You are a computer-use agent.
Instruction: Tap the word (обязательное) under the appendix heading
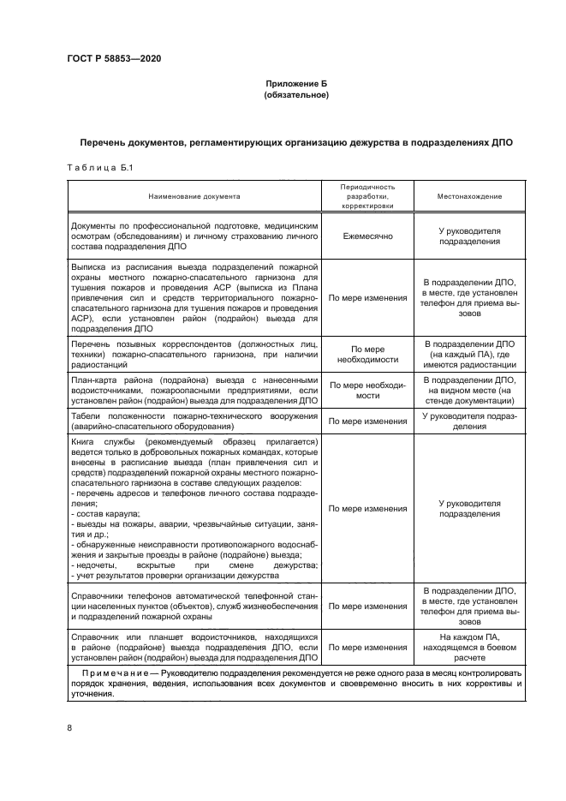pos(295,94)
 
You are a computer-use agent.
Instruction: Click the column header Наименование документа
pos(194,196)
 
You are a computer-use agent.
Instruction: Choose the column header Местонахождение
pos(469,196)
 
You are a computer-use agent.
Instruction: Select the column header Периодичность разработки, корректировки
pos(367,196)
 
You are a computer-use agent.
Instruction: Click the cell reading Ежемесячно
pos(367,236)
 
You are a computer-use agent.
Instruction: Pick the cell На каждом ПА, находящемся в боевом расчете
pos(469,648)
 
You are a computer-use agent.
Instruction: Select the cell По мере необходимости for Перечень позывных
pos(367,356)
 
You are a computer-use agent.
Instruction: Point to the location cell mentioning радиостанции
pos(469,356)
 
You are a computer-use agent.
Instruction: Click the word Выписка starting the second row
pos(92,267)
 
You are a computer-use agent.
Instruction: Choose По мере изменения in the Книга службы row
pos(367,509)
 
